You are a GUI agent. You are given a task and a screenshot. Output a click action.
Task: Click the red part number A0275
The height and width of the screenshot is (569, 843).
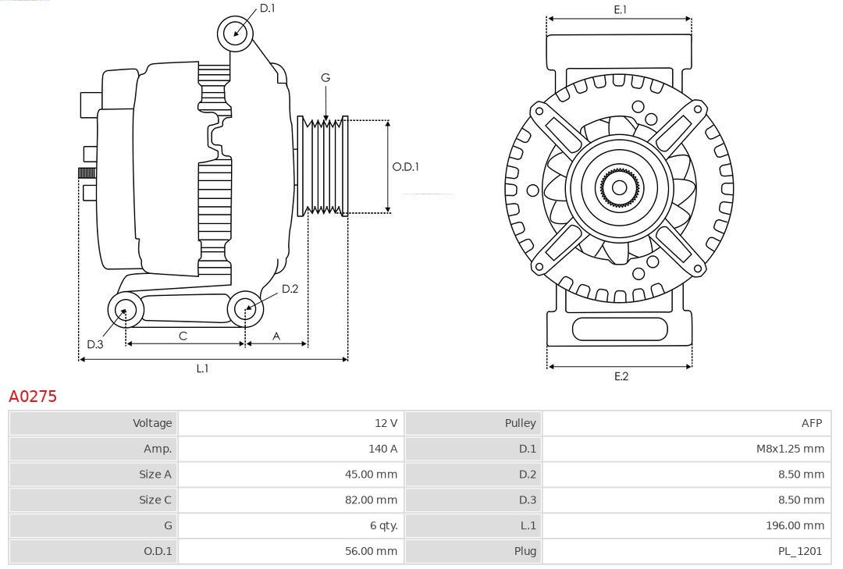pyautogui.click(x=33, y=397)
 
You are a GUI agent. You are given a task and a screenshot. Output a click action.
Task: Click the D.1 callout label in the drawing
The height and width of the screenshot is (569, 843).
pyautogui.click(x=267, y=9)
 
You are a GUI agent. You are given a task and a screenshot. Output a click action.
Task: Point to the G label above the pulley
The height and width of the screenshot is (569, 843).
pyautogui.click(x=325, y=77)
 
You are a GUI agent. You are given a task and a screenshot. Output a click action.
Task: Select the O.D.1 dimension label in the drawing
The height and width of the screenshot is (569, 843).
pyautogui.click(x=405, y=166)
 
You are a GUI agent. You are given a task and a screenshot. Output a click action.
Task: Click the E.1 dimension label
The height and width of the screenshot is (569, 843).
pyautogui.click(x=621, y=9)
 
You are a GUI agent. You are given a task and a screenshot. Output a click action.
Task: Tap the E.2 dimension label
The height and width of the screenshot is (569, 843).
pyautogui.click(x=621, y=376)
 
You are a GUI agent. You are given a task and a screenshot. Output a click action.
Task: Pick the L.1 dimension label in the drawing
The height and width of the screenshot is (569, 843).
pyautogui.click(x=202, y=368)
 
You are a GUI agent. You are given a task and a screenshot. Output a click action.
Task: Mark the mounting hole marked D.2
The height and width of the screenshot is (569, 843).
pyautogui.click(x=245, y=309)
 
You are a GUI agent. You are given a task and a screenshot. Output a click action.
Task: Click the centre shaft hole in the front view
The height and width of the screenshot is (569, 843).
pyautogui.click(x=619, y=187)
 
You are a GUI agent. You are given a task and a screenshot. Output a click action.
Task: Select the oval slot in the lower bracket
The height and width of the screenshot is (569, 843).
pyautogui.click(x=620, y=329)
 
